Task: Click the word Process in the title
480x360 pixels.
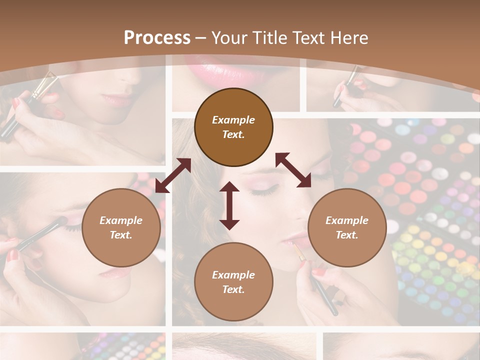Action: pos(157,38)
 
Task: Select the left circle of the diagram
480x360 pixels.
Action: pos(121,227)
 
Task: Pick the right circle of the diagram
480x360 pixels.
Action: pos(347,227)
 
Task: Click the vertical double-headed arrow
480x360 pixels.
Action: pos(229,205)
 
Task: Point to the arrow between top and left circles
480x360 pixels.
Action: pos(173,175)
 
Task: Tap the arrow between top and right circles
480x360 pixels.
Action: pos(293,170)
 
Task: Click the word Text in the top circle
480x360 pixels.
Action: pos(233,134)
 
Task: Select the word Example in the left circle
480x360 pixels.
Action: pos(121,220)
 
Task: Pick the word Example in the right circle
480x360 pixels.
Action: pos(347,220)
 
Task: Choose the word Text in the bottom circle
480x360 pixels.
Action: pos(233,289)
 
